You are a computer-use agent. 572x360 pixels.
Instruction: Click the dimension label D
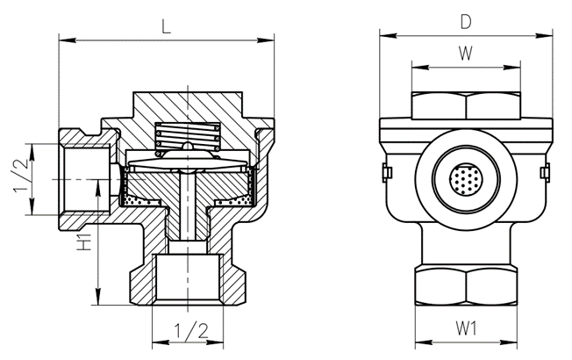[x=466, y=18]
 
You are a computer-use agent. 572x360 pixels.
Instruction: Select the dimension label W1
[x=466, y=329]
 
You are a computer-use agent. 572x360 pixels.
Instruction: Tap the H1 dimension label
[x=84, y=243]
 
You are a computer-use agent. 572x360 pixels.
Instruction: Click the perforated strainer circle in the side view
[x=466, y=179]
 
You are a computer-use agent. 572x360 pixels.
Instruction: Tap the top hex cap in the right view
[x=466, y=104]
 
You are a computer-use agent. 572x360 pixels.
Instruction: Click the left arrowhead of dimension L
[x=62, y=39]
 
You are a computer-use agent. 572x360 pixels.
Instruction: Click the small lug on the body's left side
[x=385, y=172]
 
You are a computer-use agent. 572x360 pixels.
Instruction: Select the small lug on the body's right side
[x=547, y=172]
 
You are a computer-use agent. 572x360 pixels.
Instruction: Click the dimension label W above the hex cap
[x=466, y=52]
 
